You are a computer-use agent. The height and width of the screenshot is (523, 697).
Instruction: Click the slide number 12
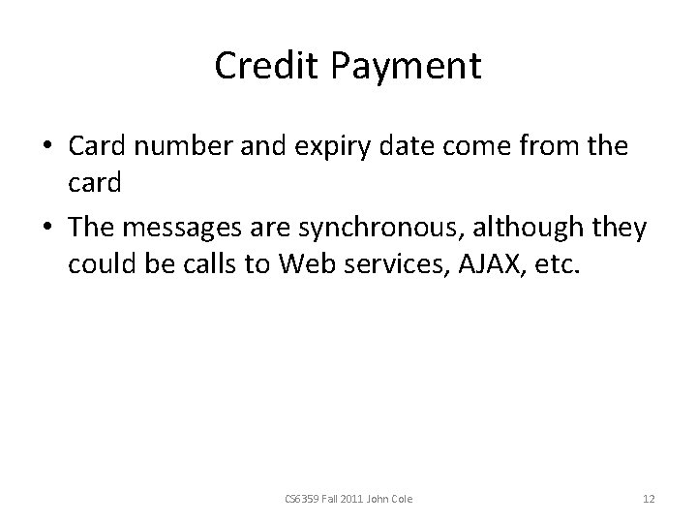point(649,499)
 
